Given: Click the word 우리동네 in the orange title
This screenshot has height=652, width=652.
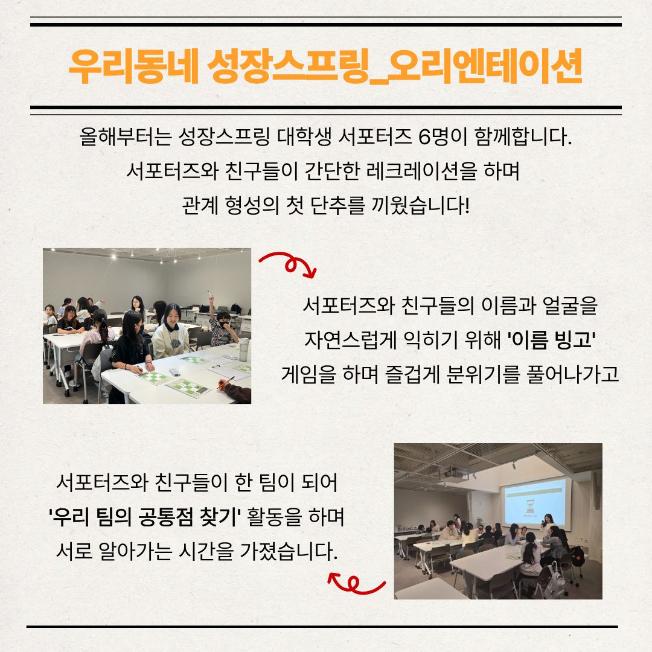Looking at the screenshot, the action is pyautogui.click(x=133, y=66).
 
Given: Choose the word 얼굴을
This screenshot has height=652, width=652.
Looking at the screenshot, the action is pyautogui.click(x=570, y=305).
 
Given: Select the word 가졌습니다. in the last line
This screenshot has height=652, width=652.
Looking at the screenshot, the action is pyautogui.click(x=289, y=551).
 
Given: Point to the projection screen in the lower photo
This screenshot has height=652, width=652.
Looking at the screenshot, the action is pyautogui.click(x=535, y=503).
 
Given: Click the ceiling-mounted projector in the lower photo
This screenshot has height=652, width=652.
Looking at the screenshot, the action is pyautogui.click(x=452, y=473).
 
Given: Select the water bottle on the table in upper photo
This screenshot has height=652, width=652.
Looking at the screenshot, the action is pyautogui.click(x=243, y=350).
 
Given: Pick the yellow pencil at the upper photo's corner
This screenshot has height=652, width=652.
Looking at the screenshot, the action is pyautogui.click(x=226, y=383).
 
